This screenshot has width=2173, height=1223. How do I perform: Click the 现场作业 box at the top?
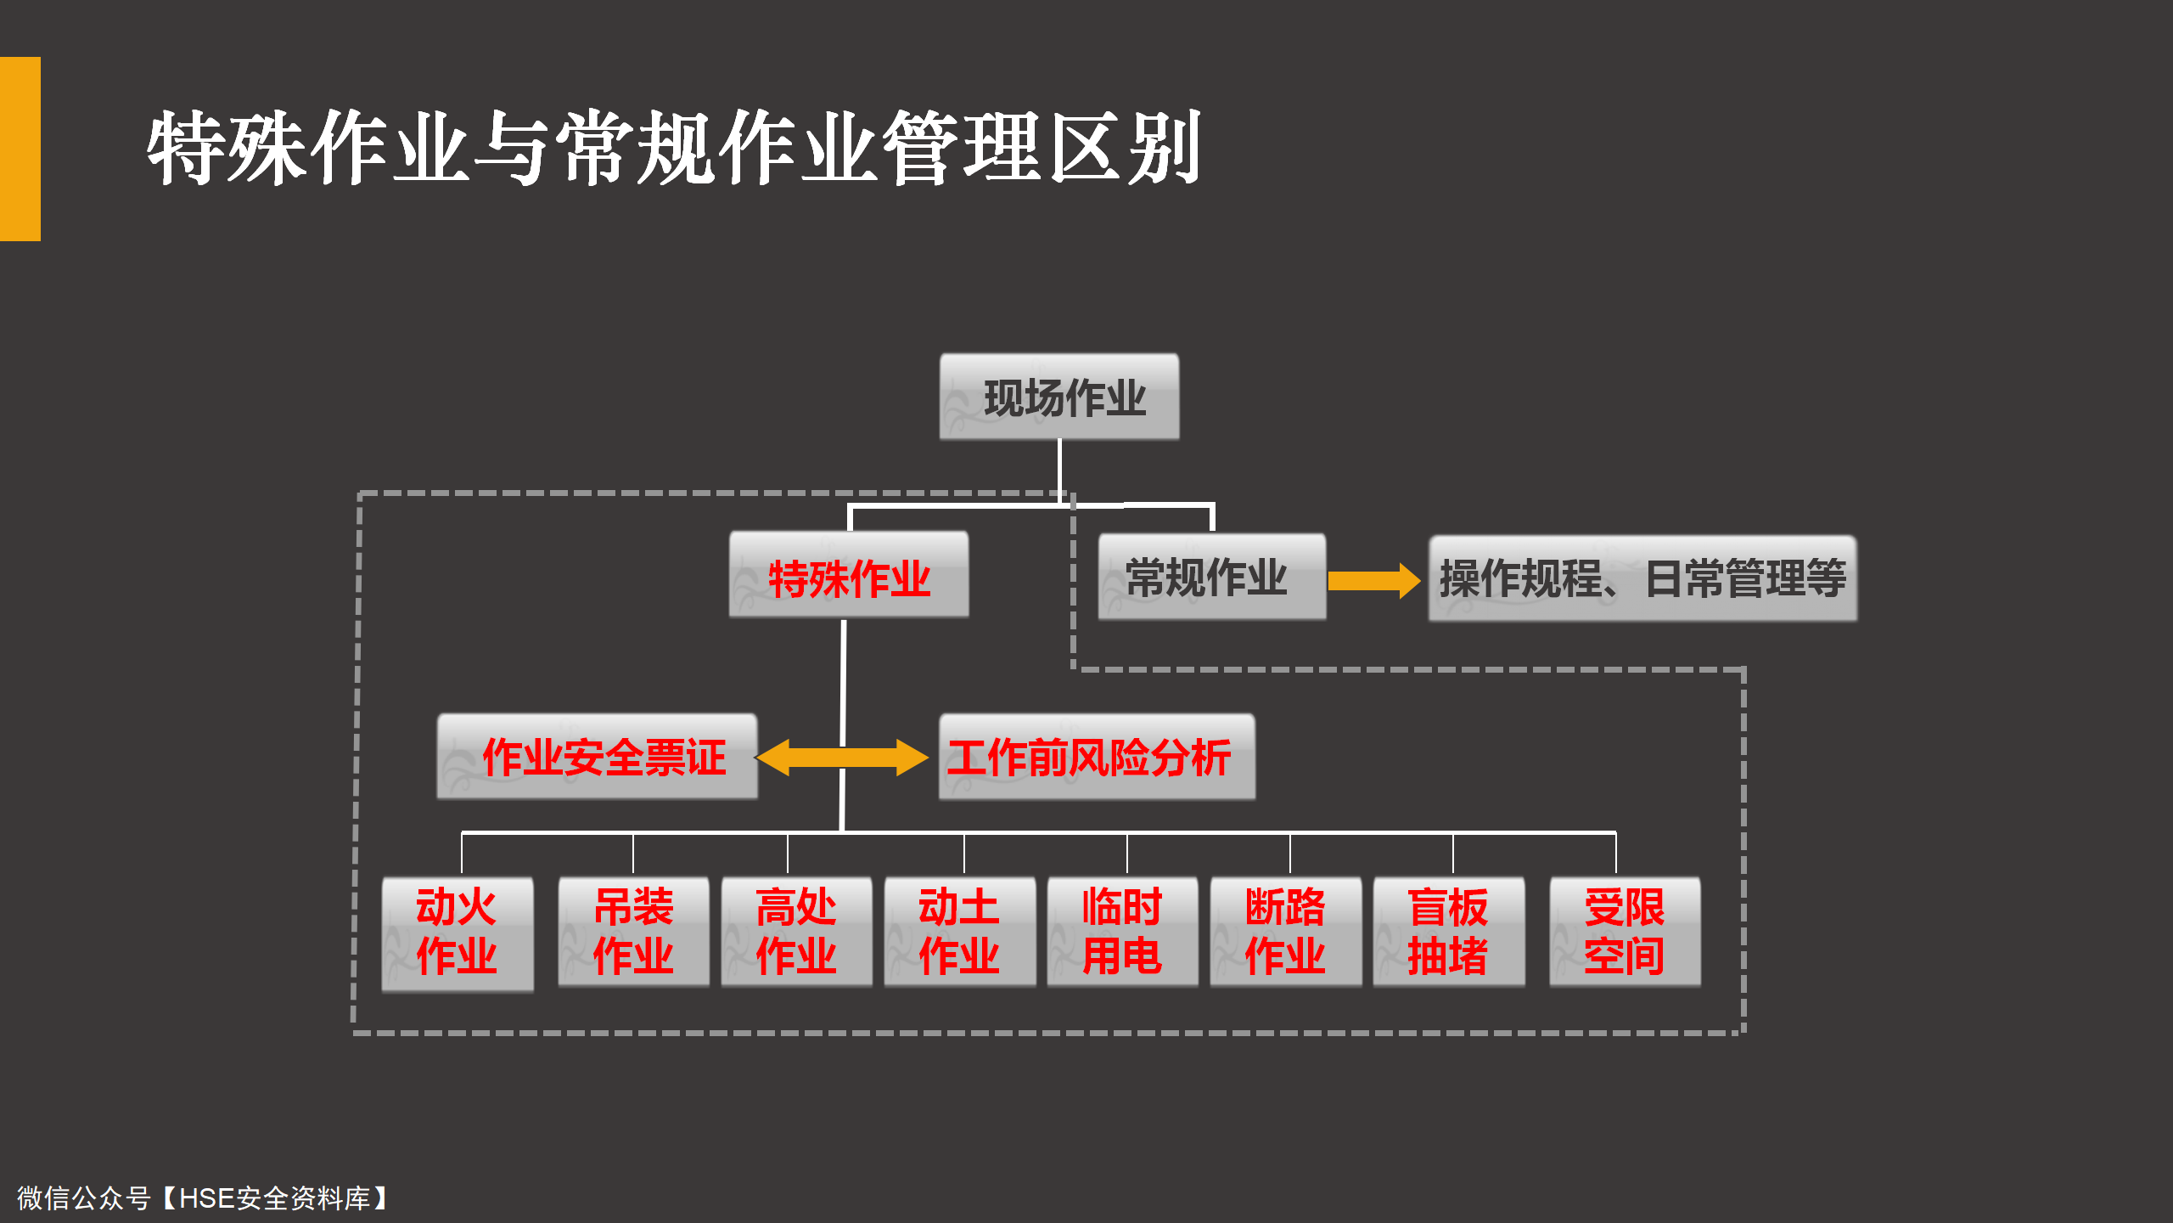click(1059, 397)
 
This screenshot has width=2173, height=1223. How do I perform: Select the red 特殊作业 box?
click(849, 575)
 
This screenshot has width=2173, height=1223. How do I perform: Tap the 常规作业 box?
click(1212, 577)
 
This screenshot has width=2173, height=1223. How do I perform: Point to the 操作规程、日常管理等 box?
click(1642, 578)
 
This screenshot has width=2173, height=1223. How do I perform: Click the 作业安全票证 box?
click(597, 756)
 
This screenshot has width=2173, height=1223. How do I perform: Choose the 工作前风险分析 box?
click(1097, 757)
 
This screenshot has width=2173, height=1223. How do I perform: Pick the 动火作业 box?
click(458, 934)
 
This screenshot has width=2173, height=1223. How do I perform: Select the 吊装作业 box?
click(633, 932)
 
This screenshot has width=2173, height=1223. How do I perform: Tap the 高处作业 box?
click(796, 932)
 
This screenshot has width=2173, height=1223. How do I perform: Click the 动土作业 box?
click(960, 932)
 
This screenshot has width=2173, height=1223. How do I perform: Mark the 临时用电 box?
click(1122, 932)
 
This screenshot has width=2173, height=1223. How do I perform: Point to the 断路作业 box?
click(1286, 932)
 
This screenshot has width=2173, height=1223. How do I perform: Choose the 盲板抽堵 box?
click(1449, 932)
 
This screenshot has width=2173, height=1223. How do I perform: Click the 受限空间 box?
click(1625, 932)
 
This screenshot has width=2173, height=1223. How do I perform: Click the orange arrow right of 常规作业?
click(1374, 581)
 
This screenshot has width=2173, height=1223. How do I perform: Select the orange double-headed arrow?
click(842, 758)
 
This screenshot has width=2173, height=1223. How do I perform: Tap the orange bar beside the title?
click(20, 149)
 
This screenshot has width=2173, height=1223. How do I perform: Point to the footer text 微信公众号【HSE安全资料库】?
click(203, 1198)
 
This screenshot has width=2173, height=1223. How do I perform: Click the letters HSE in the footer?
click(207, 1198)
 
